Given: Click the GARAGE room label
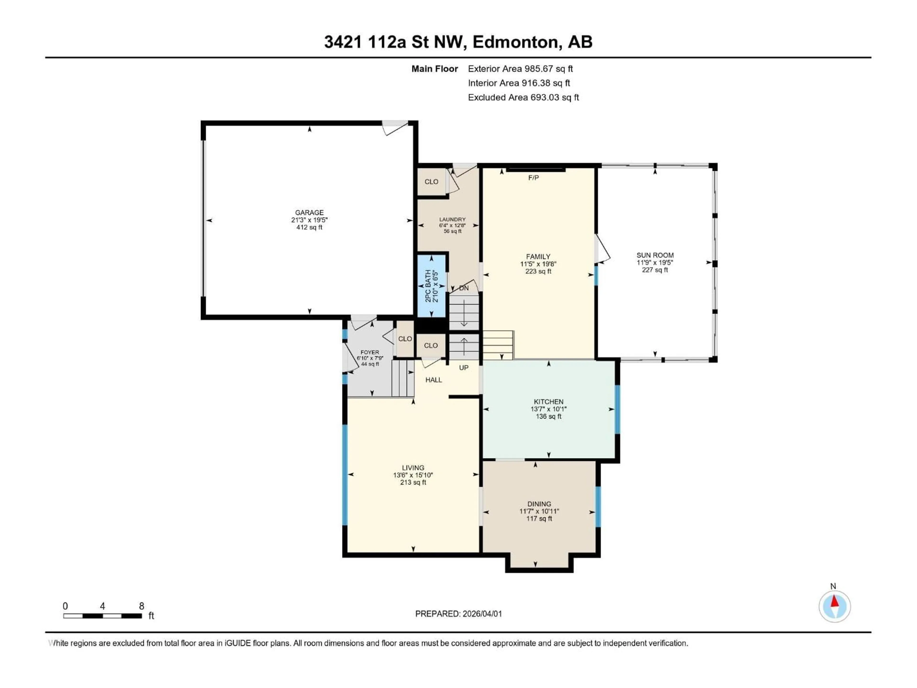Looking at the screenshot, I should pyautogui.click(x=309, y=212).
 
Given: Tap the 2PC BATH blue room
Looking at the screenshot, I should pyautogui.click(x=431, y=286).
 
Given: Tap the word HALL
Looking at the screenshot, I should pyautogui.click(x=434, y=380).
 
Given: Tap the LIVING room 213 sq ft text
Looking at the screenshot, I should pyautogui.click(x=413, y=482).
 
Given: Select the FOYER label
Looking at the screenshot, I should pyautogui.click(x=369, y=352).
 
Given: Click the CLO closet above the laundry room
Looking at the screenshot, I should pyautogui.click(x=431, y=182).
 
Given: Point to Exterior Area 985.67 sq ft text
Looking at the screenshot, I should pyautogui.click(x=520, y=69).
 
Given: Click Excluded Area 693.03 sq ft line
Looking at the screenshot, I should pyautogui.click(x=523, y=97).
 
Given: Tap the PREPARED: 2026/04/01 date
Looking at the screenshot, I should pyautogui.click(x=458, y=614).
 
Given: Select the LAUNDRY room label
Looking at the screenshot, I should pyautogui.click(x=452, y=219).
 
